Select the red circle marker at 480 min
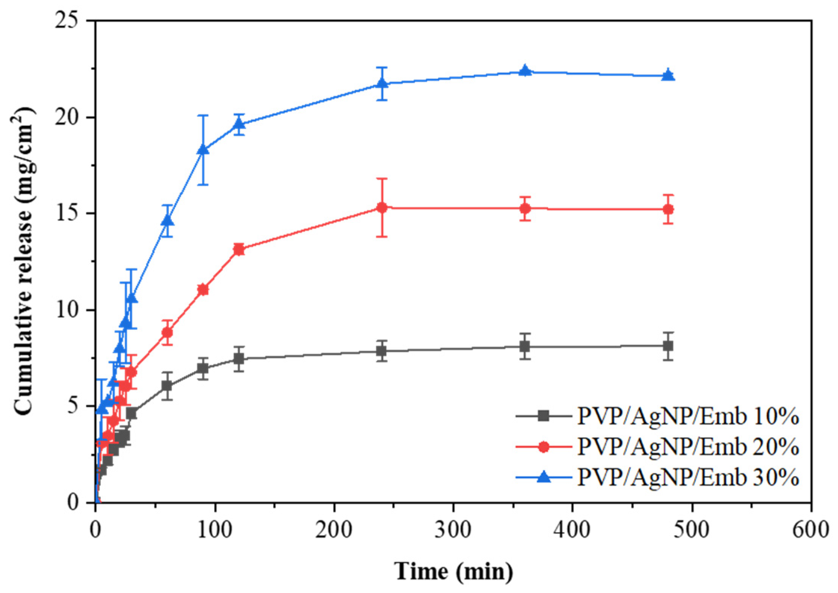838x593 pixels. (x=668, y=209)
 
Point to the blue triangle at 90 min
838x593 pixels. (x=203, y=149)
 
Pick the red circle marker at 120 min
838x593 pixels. (x=239, y=249)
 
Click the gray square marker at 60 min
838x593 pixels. (x=167, y=386)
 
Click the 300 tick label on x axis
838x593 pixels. (x=453, y=530)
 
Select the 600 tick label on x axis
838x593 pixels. (x=810, y=530)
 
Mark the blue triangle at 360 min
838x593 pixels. (x=525, y=70)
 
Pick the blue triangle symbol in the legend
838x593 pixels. (x=544, y=477)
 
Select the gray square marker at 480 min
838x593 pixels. (x=668, y=346)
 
